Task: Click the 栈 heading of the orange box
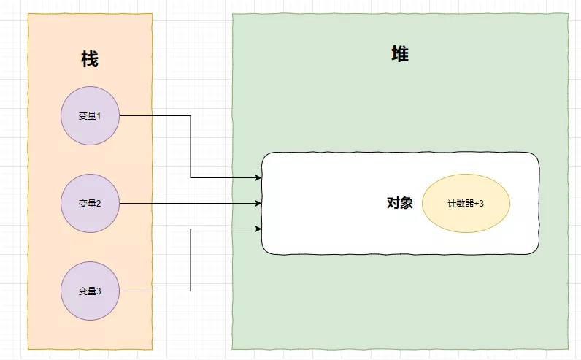click(x=90, y=60)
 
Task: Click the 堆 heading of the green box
click(x=399, y=54)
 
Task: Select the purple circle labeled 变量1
click(x=90, y=115)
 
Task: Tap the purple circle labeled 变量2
click(x=90, y=203)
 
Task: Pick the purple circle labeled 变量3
click(x=90, y=291)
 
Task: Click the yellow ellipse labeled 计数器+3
click(x=466, y=203)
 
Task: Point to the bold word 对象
click(x=400, y=203)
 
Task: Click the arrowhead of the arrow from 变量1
click(x=258, y=177)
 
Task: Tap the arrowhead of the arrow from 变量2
click(x=258, y=203)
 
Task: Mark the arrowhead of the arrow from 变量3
click(x=258, y=229)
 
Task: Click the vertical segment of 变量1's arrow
click(x=191, y=146)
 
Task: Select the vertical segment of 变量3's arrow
click(x=191, y=260)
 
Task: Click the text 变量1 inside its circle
click(x=90, y=115)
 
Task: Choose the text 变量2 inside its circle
click(x=90, y=203)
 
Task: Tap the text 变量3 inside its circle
click(x=90, y=291)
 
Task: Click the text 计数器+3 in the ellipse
click(x=466, y=204)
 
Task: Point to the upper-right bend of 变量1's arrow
click(x=191, y=115)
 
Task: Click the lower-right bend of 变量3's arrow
click(x=191, y=291)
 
